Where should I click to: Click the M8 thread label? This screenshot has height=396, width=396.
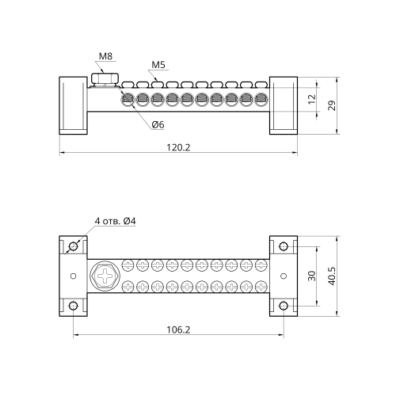[x=105, y=56]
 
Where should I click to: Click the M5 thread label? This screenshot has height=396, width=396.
[x=158, y=65]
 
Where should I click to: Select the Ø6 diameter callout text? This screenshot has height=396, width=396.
[x=158, y=124]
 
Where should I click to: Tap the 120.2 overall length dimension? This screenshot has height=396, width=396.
[x=178, y=147]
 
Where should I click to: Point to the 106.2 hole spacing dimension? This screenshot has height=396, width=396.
[x=178, y=329]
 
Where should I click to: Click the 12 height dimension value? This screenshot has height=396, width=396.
[x=312, y=99]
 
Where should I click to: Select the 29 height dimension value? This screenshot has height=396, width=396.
[x=333, y=105]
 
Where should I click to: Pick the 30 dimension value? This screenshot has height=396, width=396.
[x=312, y=276]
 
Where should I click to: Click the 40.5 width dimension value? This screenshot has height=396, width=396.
[x=333, y=276]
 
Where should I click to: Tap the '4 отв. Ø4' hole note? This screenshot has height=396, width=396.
[x=116, y=221]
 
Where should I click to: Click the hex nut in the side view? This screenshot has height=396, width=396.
[x=105, y=78]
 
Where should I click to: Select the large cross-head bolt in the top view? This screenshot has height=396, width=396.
[x=105, y=276]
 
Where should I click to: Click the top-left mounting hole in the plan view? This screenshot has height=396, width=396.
[x=73, y=246]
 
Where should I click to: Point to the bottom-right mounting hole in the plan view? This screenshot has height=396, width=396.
[x=284, y=306]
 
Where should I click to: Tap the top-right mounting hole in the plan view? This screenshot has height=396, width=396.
[x=284, y=246]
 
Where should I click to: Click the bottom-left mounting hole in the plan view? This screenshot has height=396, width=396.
[x=73, y=306]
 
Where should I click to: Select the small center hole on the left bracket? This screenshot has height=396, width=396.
[x=74, y=276]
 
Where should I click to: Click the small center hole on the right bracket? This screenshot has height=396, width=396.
[x=284, y=276]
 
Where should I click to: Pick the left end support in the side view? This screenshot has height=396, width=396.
[x=73, y=105]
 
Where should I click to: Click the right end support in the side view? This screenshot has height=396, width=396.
[x=284, y=105]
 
